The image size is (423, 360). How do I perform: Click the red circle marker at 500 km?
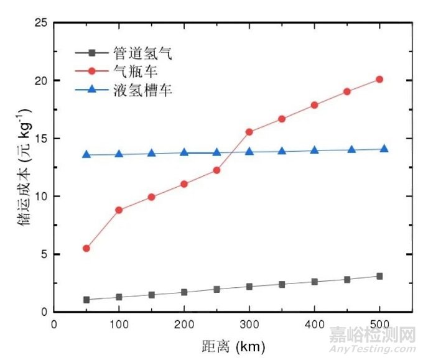pos(379,79)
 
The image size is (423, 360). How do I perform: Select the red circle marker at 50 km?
pos(86,248)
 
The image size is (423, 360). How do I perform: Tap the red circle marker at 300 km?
pos(249,132)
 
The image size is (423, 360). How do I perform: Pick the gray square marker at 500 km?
pos(379,276)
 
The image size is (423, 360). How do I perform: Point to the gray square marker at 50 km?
pos(86,300)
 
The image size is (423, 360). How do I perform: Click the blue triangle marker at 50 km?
pos(86,154)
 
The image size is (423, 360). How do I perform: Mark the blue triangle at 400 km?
pos(315,150)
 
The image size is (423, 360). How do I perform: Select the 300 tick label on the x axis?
pos(249,324)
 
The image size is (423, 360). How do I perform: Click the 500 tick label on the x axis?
pos(379,324)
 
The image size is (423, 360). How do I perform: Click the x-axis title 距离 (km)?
pos(230,345)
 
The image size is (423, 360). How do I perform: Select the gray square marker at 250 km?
pos(216,289)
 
